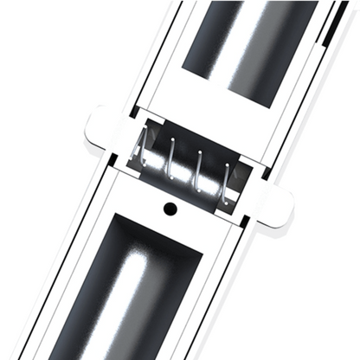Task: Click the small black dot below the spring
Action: tap(170, 209)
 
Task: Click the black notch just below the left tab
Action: tap(109, 160)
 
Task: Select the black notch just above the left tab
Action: tap(132, 110)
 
